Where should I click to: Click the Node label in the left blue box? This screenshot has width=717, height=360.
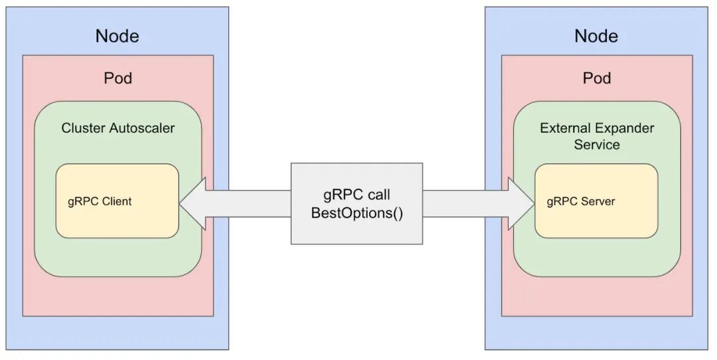pos(117,36)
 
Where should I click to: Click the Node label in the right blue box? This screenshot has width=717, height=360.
pos(596,36)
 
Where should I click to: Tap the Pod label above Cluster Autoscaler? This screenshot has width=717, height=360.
pos(118,78)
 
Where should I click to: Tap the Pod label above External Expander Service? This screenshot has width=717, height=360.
pos(597,78)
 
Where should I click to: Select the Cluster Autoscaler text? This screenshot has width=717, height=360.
pos(118,128)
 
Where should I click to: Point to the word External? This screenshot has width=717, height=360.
pos(566,128)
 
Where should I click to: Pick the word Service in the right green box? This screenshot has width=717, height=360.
pos(597,145)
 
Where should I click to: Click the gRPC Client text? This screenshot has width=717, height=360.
pos(100,201)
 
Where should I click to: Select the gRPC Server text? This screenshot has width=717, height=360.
pos(581,201)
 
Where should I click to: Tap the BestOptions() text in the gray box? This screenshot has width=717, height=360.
pos(357,213)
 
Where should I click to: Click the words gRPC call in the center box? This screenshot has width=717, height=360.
pos(357,195)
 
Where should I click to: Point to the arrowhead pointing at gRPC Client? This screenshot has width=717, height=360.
pos(192,203)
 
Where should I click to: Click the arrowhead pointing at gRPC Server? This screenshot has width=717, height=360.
pos(521,203)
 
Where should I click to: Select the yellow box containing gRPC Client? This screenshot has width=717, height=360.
pos(117,201)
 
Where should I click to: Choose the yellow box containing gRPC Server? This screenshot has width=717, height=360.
pos(596,201)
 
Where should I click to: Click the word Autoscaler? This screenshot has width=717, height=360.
pos(142,128)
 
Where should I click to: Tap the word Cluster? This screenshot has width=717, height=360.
pos(84,128)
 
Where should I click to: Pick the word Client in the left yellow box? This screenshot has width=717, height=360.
pos(117,201)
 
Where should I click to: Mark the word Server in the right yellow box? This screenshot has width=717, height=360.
pos(598,201)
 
